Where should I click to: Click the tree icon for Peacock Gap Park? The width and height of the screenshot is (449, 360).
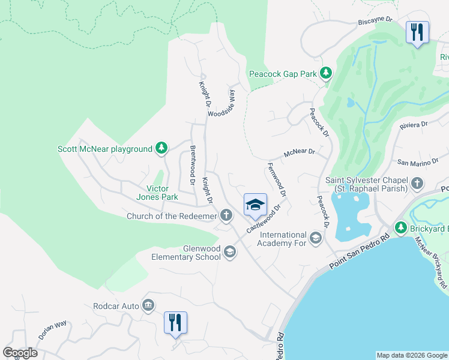[325, 74]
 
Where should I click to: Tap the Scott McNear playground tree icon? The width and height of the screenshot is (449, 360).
[161, 148]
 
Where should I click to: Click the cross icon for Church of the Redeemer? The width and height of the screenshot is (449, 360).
[226, 215]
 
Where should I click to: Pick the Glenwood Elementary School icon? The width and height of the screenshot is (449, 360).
[229, 252]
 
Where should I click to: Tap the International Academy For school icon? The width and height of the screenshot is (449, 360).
[315, 239]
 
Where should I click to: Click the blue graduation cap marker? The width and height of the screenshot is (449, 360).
[255, 205]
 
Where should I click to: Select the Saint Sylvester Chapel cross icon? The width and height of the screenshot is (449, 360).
[417, 183]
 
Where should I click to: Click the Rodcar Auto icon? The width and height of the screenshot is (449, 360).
[148, 306]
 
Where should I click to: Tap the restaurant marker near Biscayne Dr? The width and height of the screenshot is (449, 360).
[417, 31]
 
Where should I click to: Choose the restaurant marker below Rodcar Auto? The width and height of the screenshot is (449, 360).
[175, 323]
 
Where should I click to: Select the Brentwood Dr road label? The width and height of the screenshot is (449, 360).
[193, 164]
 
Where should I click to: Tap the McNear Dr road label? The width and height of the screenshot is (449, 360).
[300, 152]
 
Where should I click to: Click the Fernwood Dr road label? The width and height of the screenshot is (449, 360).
[277, 180]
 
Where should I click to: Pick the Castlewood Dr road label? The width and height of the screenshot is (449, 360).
[264, 220]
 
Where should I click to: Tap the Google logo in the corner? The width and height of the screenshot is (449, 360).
[20, 352]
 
